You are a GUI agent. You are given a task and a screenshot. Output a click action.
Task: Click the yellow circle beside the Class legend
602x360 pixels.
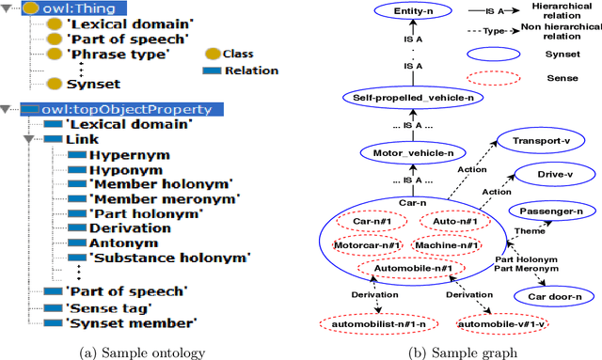pyautogui.click(x=212, y=54)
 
